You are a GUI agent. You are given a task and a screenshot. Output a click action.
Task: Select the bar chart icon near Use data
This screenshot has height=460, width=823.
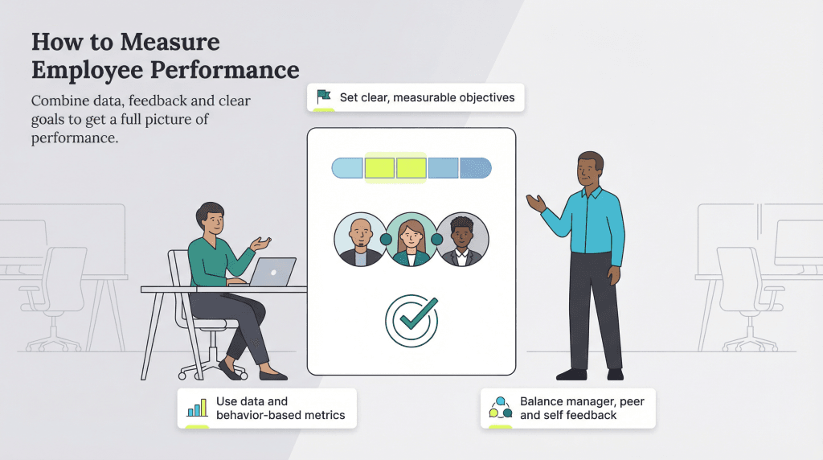[x=196, y=409]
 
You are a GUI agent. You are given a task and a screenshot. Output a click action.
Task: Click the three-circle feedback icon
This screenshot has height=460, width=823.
[x=500, y=409]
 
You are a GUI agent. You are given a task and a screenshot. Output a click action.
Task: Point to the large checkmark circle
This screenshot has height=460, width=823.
[x=411, y=320]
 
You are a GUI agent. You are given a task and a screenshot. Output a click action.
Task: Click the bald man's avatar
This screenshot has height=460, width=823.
[x=358, y=240]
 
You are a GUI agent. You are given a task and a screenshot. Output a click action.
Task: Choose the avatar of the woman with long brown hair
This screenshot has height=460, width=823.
[x=411, y=240]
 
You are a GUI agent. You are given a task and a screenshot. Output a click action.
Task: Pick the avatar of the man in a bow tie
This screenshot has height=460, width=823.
[x=463, y=240]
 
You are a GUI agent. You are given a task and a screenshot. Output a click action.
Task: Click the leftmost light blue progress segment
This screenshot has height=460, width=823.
[x=348, y=168]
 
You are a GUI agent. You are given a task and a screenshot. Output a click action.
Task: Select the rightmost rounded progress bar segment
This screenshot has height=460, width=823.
[x=475, y=168]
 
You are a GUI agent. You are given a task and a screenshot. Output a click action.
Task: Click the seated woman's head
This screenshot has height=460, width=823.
[x=211, y=219]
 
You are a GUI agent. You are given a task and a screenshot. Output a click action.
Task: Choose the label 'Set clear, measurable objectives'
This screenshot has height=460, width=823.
[x=427, y=98]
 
